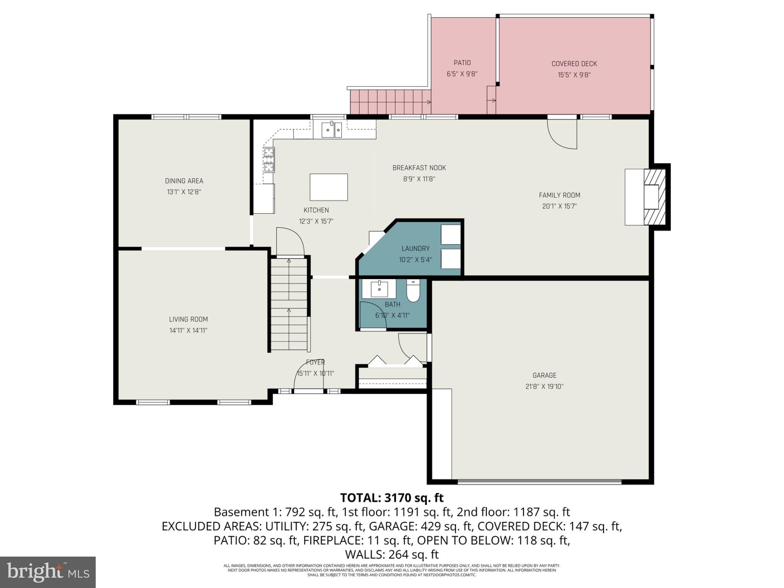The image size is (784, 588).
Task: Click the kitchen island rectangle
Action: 328,187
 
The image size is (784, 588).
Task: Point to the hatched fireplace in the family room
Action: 655,197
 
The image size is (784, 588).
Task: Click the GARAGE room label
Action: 544,376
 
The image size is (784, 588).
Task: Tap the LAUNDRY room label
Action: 415,248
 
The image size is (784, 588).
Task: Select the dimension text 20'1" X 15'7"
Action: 559,206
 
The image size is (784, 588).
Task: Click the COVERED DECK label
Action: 574,64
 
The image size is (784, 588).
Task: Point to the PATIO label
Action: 462,63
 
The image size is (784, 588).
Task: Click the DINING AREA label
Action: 184,181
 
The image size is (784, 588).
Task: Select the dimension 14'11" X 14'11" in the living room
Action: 188,330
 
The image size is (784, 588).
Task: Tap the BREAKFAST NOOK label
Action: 419,168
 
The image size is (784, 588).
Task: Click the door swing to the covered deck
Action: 562,134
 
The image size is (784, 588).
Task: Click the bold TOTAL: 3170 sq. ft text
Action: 392,498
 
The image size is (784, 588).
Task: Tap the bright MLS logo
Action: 48,572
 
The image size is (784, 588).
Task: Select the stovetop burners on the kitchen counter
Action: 269,160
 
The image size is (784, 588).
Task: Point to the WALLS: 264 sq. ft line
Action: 392,554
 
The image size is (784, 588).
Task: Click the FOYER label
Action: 315,362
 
